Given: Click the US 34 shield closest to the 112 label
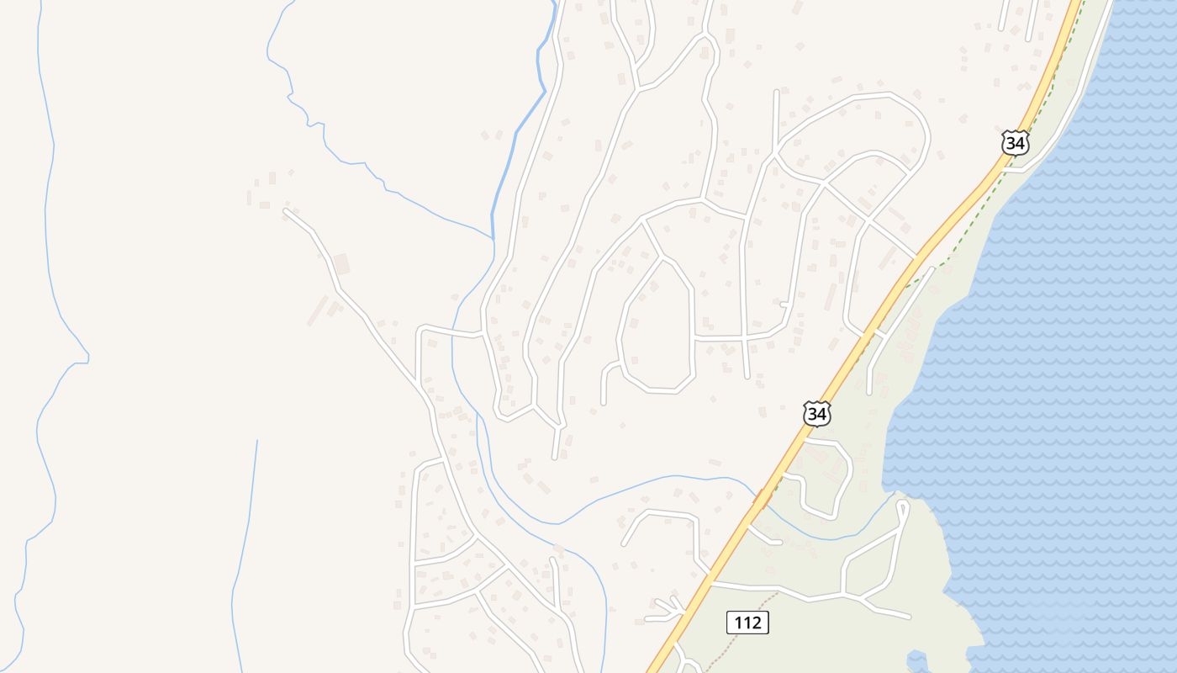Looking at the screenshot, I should pos(816,414).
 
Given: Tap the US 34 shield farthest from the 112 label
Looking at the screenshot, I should pos(1015,143).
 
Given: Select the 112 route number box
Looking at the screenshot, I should pos(747,623).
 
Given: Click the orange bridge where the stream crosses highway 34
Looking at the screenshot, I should pos(762,500).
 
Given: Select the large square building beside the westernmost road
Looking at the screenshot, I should pos(341,264).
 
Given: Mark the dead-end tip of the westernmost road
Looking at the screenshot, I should pos(286,212).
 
